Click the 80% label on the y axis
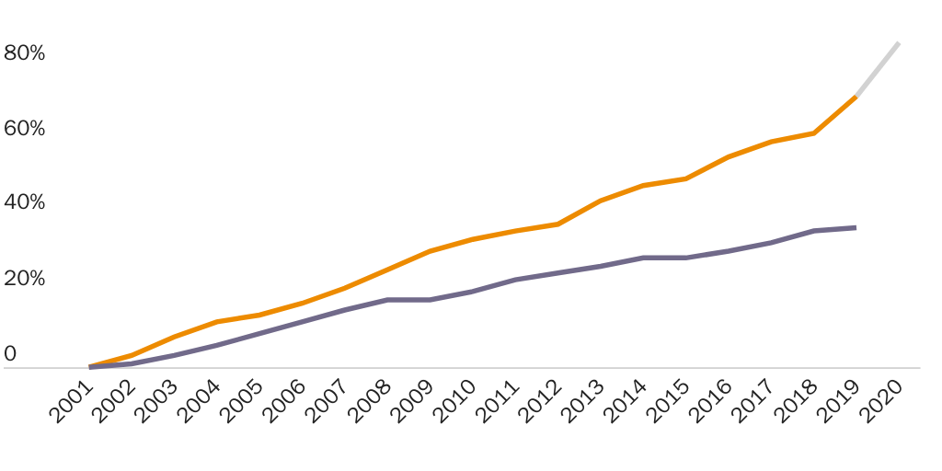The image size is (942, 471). pyautogui.click(x=25, y=53)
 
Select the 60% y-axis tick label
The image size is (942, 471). pyautogui.click(x=25, y=129)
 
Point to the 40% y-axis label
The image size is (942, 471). pyautogui.click(x=25, y=202)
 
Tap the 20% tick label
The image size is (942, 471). pyautogui.click(x=25, y=279)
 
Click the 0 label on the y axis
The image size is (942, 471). pyautogui.click(x=10, y=354)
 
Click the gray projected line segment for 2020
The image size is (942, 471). pyautogui.click(x=878, y=69)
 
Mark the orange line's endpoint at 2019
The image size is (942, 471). pyautogui.click(x=856, y=96)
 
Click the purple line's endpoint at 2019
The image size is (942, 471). pyautogui.click(x=856, y=227)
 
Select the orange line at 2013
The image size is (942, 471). pyautogui.click(x=601, y=201)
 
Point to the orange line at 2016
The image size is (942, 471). pyautogui.click(x=729, y=156)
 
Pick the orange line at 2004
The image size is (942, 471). pyautogui.click(x=217, y=322)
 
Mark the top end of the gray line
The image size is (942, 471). pyautogui.click(x=898, y=43)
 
